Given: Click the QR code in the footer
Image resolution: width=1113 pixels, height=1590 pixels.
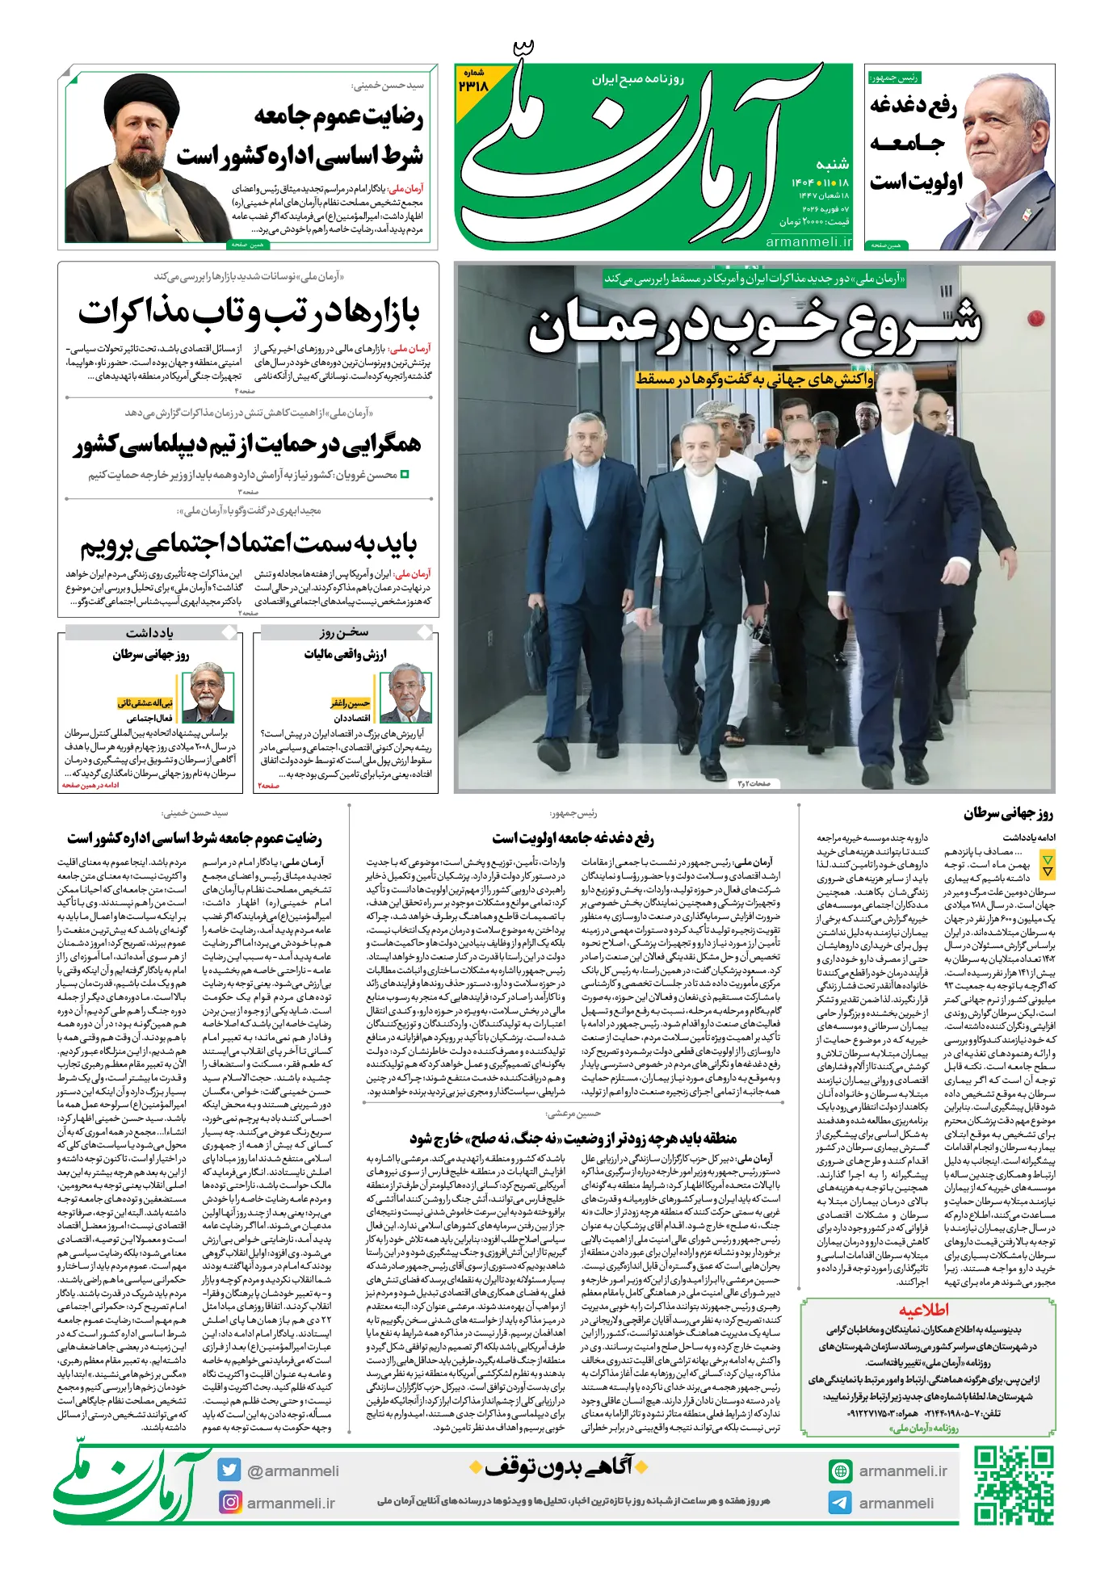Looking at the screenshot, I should (x=1013, y=1486).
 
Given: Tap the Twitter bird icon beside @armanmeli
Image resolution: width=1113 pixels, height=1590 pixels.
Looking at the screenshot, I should (x=229, y=1470).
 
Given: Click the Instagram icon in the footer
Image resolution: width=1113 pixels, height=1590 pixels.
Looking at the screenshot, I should (x=230, y=1502).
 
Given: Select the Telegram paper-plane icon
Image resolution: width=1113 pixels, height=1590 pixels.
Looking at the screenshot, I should (x=840, y=1503).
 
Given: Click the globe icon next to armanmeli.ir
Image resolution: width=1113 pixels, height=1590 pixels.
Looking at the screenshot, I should (x=840, y=1470).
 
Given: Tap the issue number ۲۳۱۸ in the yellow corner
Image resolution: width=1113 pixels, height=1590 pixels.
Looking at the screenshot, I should (x=473, y=84).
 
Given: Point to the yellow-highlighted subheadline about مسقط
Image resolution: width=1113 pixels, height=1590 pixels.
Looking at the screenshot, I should (x=754, y=379).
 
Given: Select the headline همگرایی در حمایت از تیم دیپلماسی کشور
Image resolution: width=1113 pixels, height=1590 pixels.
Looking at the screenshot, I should (x=249, y=443).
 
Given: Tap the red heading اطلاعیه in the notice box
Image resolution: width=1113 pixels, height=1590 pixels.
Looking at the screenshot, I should (x=924, y=1310).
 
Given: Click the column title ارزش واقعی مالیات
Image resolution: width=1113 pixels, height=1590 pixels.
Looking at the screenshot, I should (x=345, y=653).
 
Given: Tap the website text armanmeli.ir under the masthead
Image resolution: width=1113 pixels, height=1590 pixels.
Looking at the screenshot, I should (x=808, y=241).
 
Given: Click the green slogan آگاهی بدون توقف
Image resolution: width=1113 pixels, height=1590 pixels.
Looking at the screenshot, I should (x=557, y=1466).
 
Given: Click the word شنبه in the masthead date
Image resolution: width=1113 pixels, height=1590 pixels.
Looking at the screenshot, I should (x=832, y=164).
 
